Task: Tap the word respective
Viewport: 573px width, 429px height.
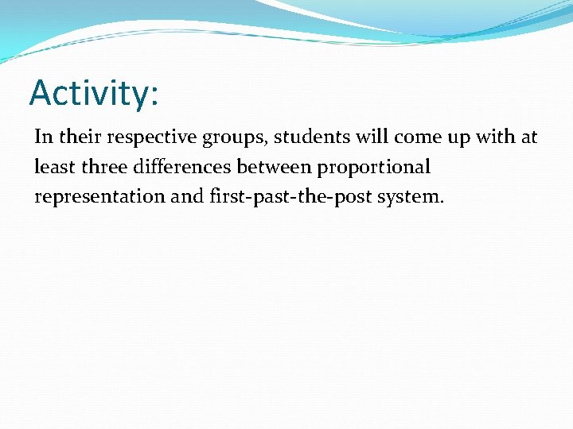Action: tap(142, 137)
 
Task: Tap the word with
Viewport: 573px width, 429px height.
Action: tap(494, 137)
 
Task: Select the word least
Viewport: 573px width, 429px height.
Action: tap(54, 167)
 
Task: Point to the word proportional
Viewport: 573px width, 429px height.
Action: tap(374, 168)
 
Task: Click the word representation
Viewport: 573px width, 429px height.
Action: tap(99, 197)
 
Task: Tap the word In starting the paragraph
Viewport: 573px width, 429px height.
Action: tap(43, 137)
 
